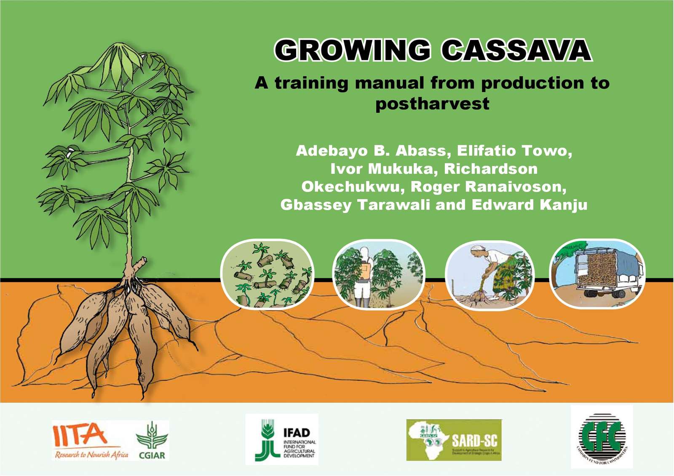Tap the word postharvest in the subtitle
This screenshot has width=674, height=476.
click(432, 104)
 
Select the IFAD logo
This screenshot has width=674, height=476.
click(282, 439)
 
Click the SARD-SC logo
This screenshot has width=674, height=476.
click(454, 440)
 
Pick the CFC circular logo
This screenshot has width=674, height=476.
click(602, 437)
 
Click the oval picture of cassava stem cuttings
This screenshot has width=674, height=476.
click(267, 274)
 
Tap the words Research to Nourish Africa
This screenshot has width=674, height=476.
click(91, 455)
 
